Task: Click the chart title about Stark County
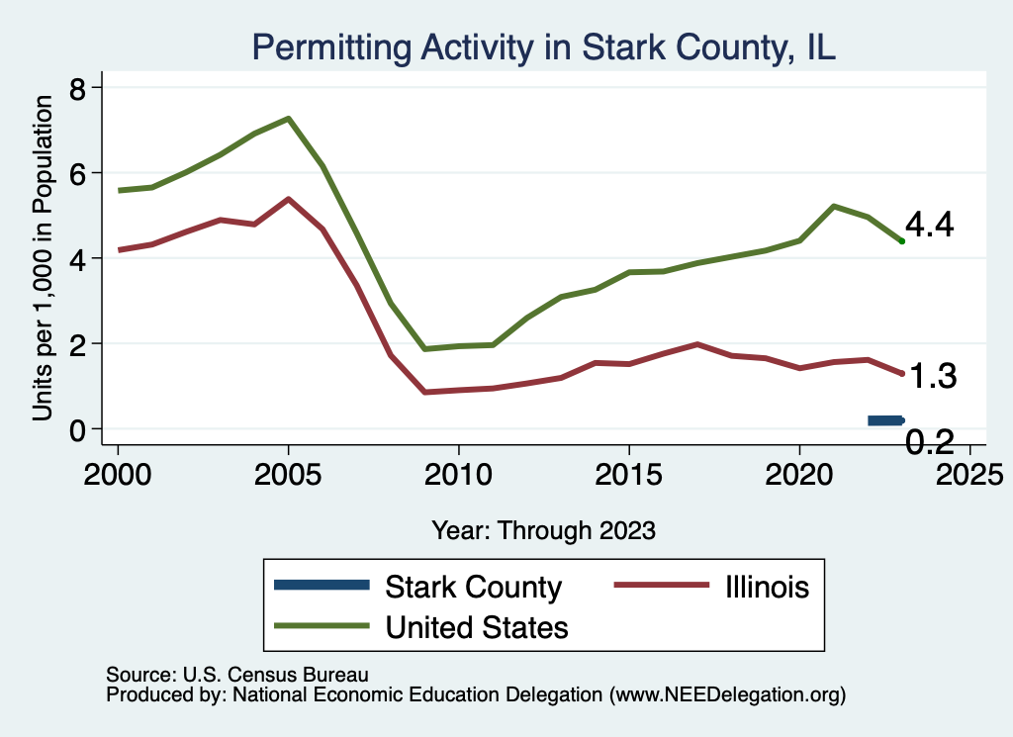(544, 47)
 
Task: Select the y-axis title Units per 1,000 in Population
(42, 258)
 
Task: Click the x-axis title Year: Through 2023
(543, 530)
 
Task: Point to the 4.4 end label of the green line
(929, 226)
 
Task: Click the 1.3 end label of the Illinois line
(931, 377)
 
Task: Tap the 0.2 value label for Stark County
(930, 442)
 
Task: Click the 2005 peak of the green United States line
(288, 119)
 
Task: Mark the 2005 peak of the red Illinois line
(288, 199)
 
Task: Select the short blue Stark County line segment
(885, 420)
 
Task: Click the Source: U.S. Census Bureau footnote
(237, 676)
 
